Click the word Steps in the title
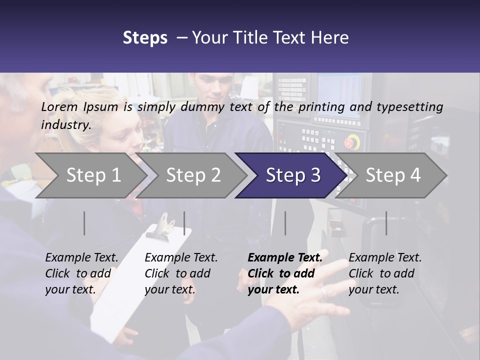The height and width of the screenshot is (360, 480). coord(145,38)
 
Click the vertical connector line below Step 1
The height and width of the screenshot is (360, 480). coord(84,223)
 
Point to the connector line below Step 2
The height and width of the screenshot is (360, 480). coord(184,223)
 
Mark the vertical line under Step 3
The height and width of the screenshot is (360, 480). coord(285,223)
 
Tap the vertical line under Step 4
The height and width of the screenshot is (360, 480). coord(386,223)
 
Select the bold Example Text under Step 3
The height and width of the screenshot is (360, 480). coord(285,273)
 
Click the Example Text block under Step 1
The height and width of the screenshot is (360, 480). coord(81,273)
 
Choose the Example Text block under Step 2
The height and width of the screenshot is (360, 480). coord(181,273)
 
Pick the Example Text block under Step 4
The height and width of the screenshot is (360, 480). coord(385,273)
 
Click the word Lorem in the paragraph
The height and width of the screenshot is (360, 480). coord(59,106)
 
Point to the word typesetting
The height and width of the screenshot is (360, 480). coord(409,107)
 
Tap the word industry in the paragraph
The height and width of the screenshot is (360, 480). coord(66,125)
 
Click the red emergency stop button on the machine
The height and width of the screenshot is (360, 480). coord(351,142)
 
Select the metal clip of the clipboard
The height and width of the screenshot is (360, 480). coord(166,223)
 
